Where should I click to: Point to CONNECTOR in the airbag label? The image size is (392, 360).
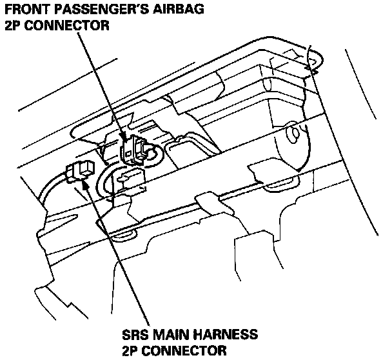[x=65, y=26]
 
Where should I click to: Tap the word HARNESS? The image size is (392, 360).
[x=226, y=335]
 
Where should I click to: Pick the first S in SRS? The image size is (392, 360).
[x=126, y=335]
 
